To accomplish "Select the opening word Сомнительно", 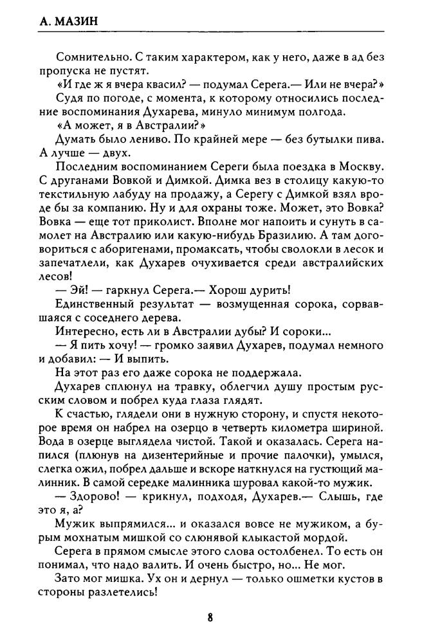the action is click(87, 57).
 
